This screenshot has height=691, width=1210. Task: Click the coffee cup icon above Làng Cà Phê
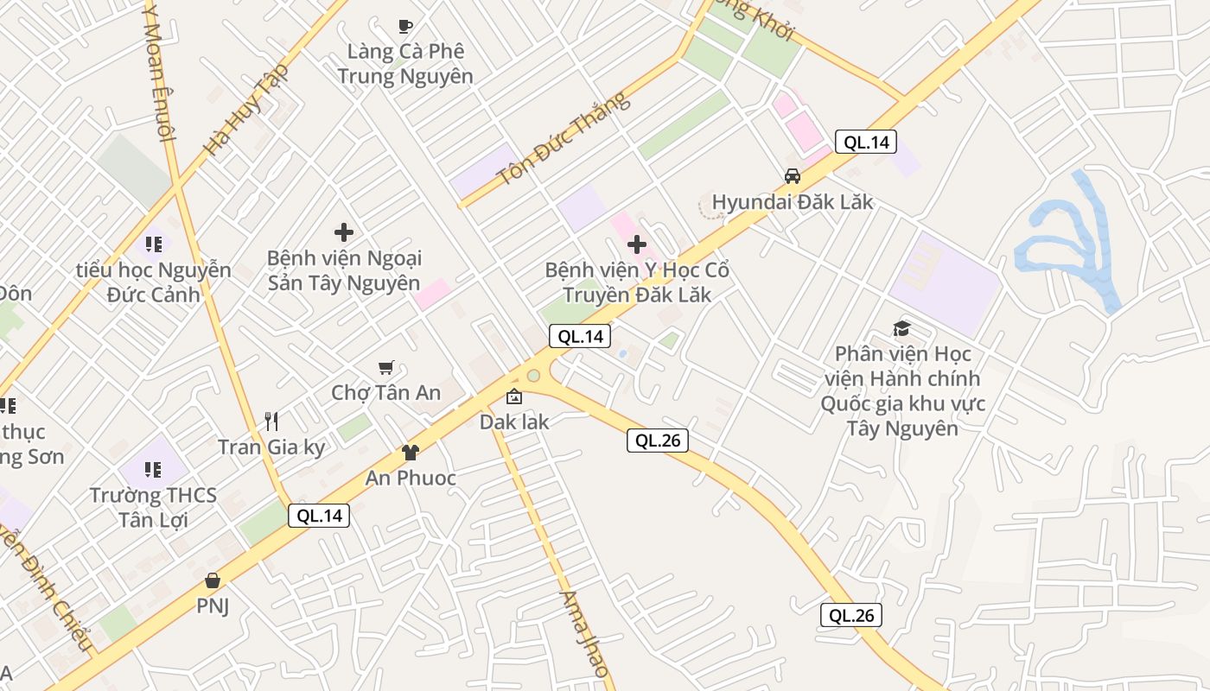[404, 26]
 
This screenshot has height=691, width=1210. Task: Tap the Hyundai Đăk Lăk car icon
[792, 176]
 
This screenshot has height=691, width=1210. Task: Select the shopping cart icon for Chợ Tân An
[386, 368]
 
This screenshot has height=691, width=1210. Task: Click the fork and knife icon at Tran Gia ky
[271, 422]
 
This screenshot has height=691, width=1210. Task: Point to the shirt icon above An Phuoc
[411, 452]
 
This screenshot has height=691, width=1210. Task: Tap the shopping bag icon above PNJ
[213, 580]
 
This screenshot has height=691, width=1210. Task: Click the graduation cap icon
[902, 328]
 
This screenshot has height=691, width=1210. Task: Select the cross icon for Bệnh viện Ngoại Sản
[344, 231]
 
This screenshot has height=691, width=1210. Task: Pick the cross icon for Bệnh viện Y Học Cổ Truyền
[637, 244]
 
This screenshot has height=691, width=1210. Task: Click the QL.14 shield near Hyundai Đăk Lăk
[866, 143]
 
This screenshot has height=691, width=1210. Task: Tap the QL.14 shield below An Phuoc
[320, 516]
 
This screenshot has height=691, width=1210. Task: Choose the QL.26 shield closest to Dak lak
[658, 441]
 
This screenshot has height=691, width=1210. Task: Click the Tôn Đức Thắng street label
[564, 139]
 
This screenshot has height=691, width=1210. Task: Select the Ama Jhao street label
[585, 634]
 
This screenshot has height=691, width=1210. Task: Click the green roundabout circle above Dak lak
[533, 376]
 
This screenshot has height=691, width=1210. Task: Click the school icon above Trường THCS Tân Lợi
[153, 470]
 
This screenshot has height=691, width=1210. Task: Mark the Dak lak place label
[514, 422]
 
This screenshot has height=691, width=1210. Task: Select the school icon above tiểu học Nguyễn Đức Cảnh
[153, 244]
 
